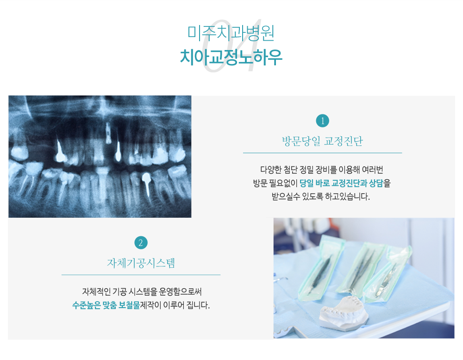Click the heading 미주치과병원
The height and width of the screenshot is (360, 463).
(x=231, y=32)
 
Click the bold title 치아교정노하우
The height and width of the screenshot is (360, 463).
(x=231, y=57)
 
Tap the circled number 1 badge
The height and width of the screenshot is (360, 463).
(x=322, y=120)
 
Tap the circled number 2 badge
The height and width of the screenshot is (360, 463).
(x=141, y=243)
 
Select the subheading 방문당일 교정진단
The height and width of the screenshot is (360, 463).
(x=322, y=141)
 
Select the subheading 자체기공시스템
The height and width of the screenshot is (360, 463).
(x=141, y=263)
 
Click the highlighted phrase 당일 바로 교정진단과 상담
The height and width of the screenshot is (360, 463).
(x=341, y=183)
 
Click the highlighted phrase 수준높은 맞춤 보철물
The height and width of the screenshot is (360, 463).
(x=106, y=305)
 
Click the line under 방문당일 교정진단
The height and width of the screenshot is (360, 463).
(x=322, y=153)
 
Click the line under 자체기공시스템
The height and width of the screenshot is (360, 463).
(x=141, y=275)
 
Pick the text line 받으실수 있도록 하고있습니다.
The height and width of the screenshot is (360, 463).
(x=321, y=196)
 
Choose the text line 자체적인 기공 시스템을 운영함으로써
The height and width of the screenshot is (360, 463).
(x=142, y=292)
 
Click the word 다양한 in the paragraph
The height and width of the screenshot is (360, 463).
(x=271, y=170)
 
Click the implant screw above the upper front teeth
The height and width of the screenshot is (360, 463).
(x=108, y=133)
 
